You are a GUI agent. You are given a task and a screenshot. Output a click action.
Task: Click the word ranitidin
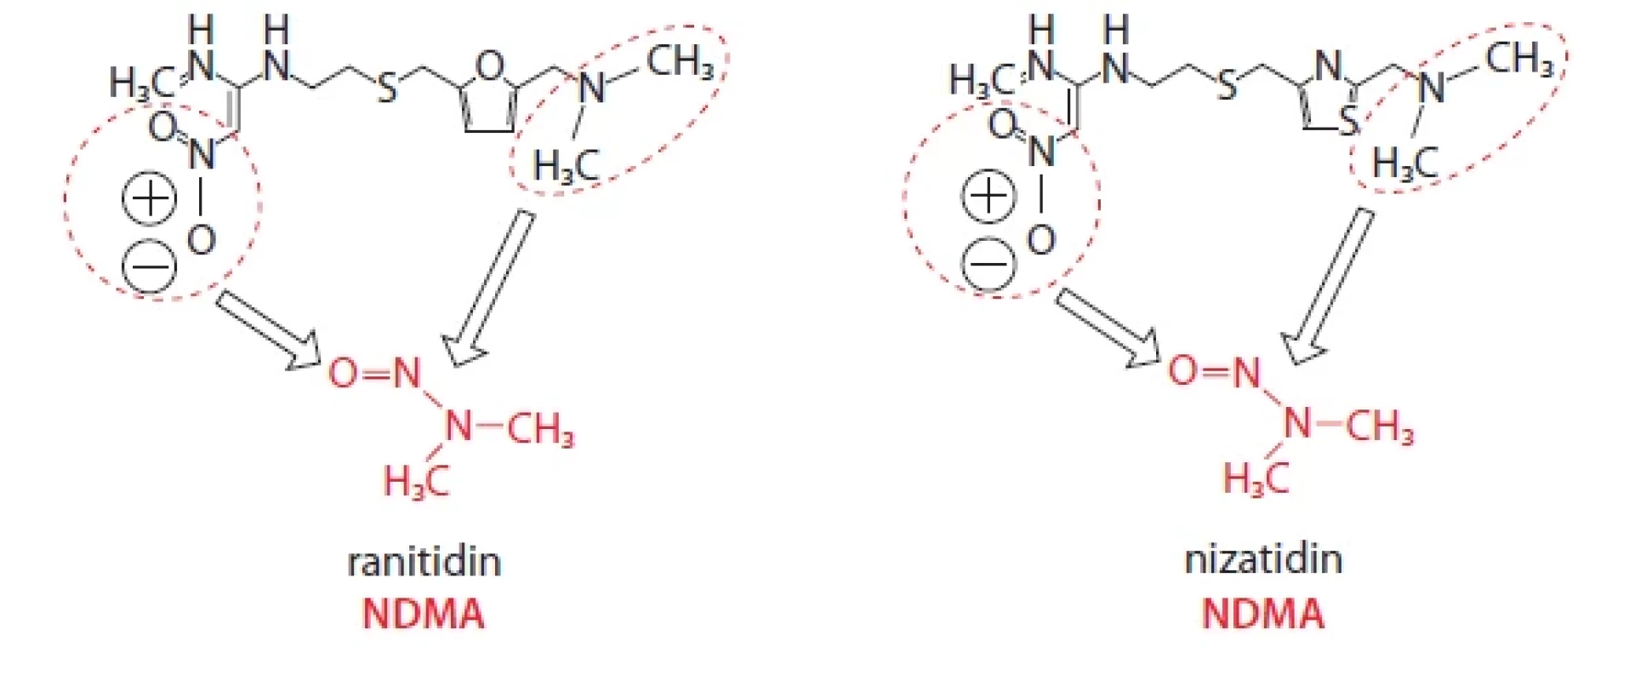[424, 563]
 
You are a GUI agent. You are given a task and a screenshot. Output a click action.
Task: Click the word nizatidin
[1263, 560]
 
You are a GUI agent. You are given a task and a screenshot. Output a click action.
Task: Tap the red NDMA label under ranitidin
[424, 614]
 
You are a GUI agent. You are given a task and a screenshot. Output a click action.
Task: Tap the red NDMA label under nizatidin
[1263, 613]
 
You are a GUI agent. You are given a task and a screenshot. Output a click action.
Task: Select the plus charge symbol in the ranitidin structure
[150, 199]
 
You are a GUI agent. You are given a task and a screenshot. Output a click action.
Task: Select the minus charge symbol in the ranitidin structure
[150, 267]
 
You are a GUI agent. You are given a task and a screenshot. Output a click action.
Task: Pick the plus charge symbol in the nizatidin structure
[988, 196]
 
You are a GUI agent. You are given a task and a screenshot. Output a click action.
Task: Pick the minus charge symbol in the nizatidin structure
[988, 264]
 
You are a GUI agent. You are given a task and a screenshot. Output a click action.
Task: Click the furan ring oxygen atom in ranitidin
[489, 65]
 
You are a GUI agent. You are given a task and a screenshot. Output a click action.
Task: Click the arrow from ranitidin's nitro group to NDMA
[269, 330]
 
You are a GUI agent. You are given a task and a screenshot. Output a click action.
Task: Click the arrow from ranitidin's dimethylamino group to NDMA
[491, 289]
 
